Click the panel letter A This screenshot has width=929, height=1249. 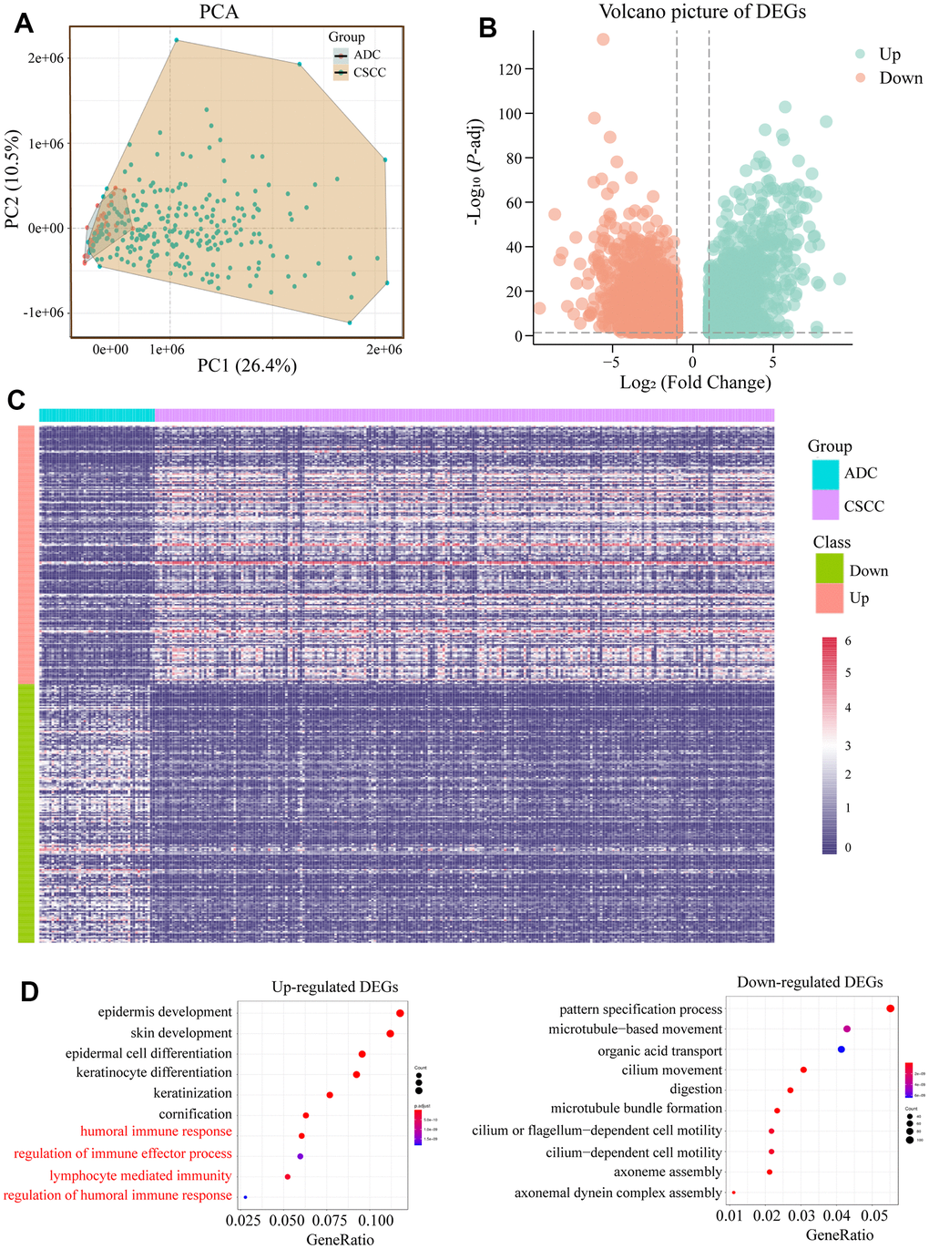[24, 23]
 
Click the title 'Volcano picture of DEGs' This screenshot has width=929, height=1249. [702, 12]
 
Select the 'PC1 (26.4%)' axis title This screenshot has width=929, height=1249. [247, 366]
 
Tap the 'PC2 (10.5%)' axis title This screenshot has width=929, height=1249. [13, 179]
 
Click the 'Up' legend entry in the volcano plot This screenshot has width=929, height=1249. [889, 54]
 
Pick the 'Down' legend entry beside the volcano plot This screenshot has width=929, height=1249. [900, 78]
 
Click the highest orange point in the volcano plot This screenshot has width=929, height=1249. [603, 39]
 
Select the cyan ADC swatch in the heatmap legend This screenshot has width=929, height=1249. [825, 474]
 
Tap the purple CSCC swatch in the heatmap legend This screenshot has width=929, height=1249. [825, 506]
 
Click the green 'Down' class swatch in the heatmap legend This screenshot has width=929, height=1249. [829, 570]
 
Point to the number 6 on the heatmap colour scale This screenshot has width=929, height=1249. [848, 641]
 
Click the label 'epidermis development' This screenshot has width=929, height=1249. [165, 1012]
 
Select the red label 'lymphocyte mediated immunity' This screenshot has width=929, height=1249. [140, 1176]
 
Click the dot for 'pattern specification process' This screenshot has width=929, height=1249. [890, 1008]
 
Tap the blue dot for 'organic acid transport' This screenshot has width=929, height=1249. [841, 1050]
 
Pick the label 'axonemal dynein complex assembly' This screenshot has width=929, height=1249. [618, 1193]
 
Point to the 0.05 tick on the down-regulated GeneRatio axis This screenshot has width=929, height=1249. [873, 1216]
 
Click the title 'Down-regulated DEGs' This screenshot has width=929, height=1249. [810, 982]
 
